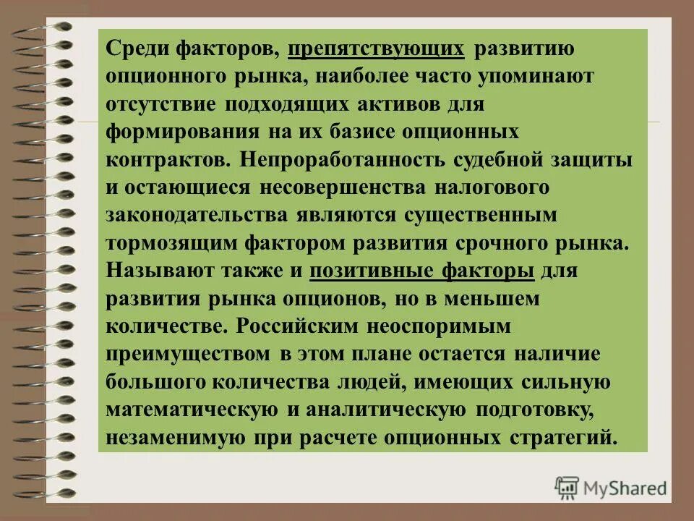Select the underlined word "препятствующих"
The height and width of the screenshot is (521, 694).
(375, 48)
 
